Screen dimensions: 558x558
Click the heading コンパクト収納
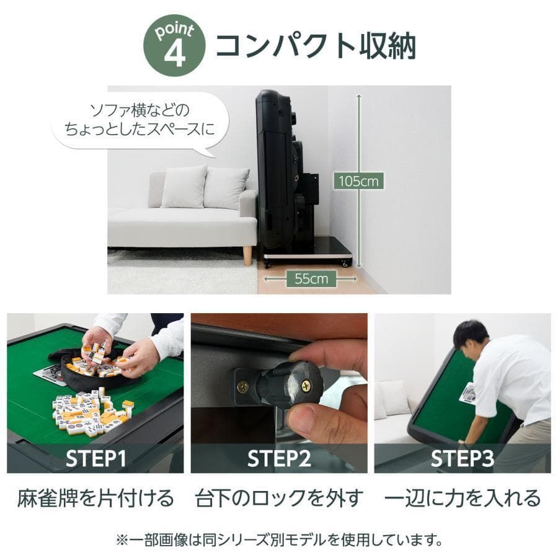(315, 46)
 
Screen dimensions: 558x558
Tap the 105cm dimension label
(358, 181)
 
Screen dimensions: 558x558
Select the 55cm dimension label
(311, 278)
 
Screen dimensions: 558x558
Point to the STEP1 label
(96, 458)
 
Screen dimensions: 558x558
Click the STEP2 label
(279, 458)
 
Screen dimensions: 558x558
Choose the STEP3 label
(463, 458)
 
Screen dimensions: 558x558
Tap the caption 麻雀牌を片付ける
(96, 498)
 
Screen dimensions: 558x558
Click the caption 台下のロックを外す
(279, 498)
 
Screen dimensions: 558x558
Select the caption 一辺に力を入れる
(463, 498)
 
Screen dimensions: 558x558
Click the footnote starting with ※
(279, 539)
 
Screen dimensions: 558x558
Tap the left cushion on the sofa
(184, 186)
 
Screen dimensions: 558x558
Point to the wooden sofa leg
(247, 255)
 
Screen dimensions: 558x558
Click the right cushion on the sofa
(225, 187)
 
